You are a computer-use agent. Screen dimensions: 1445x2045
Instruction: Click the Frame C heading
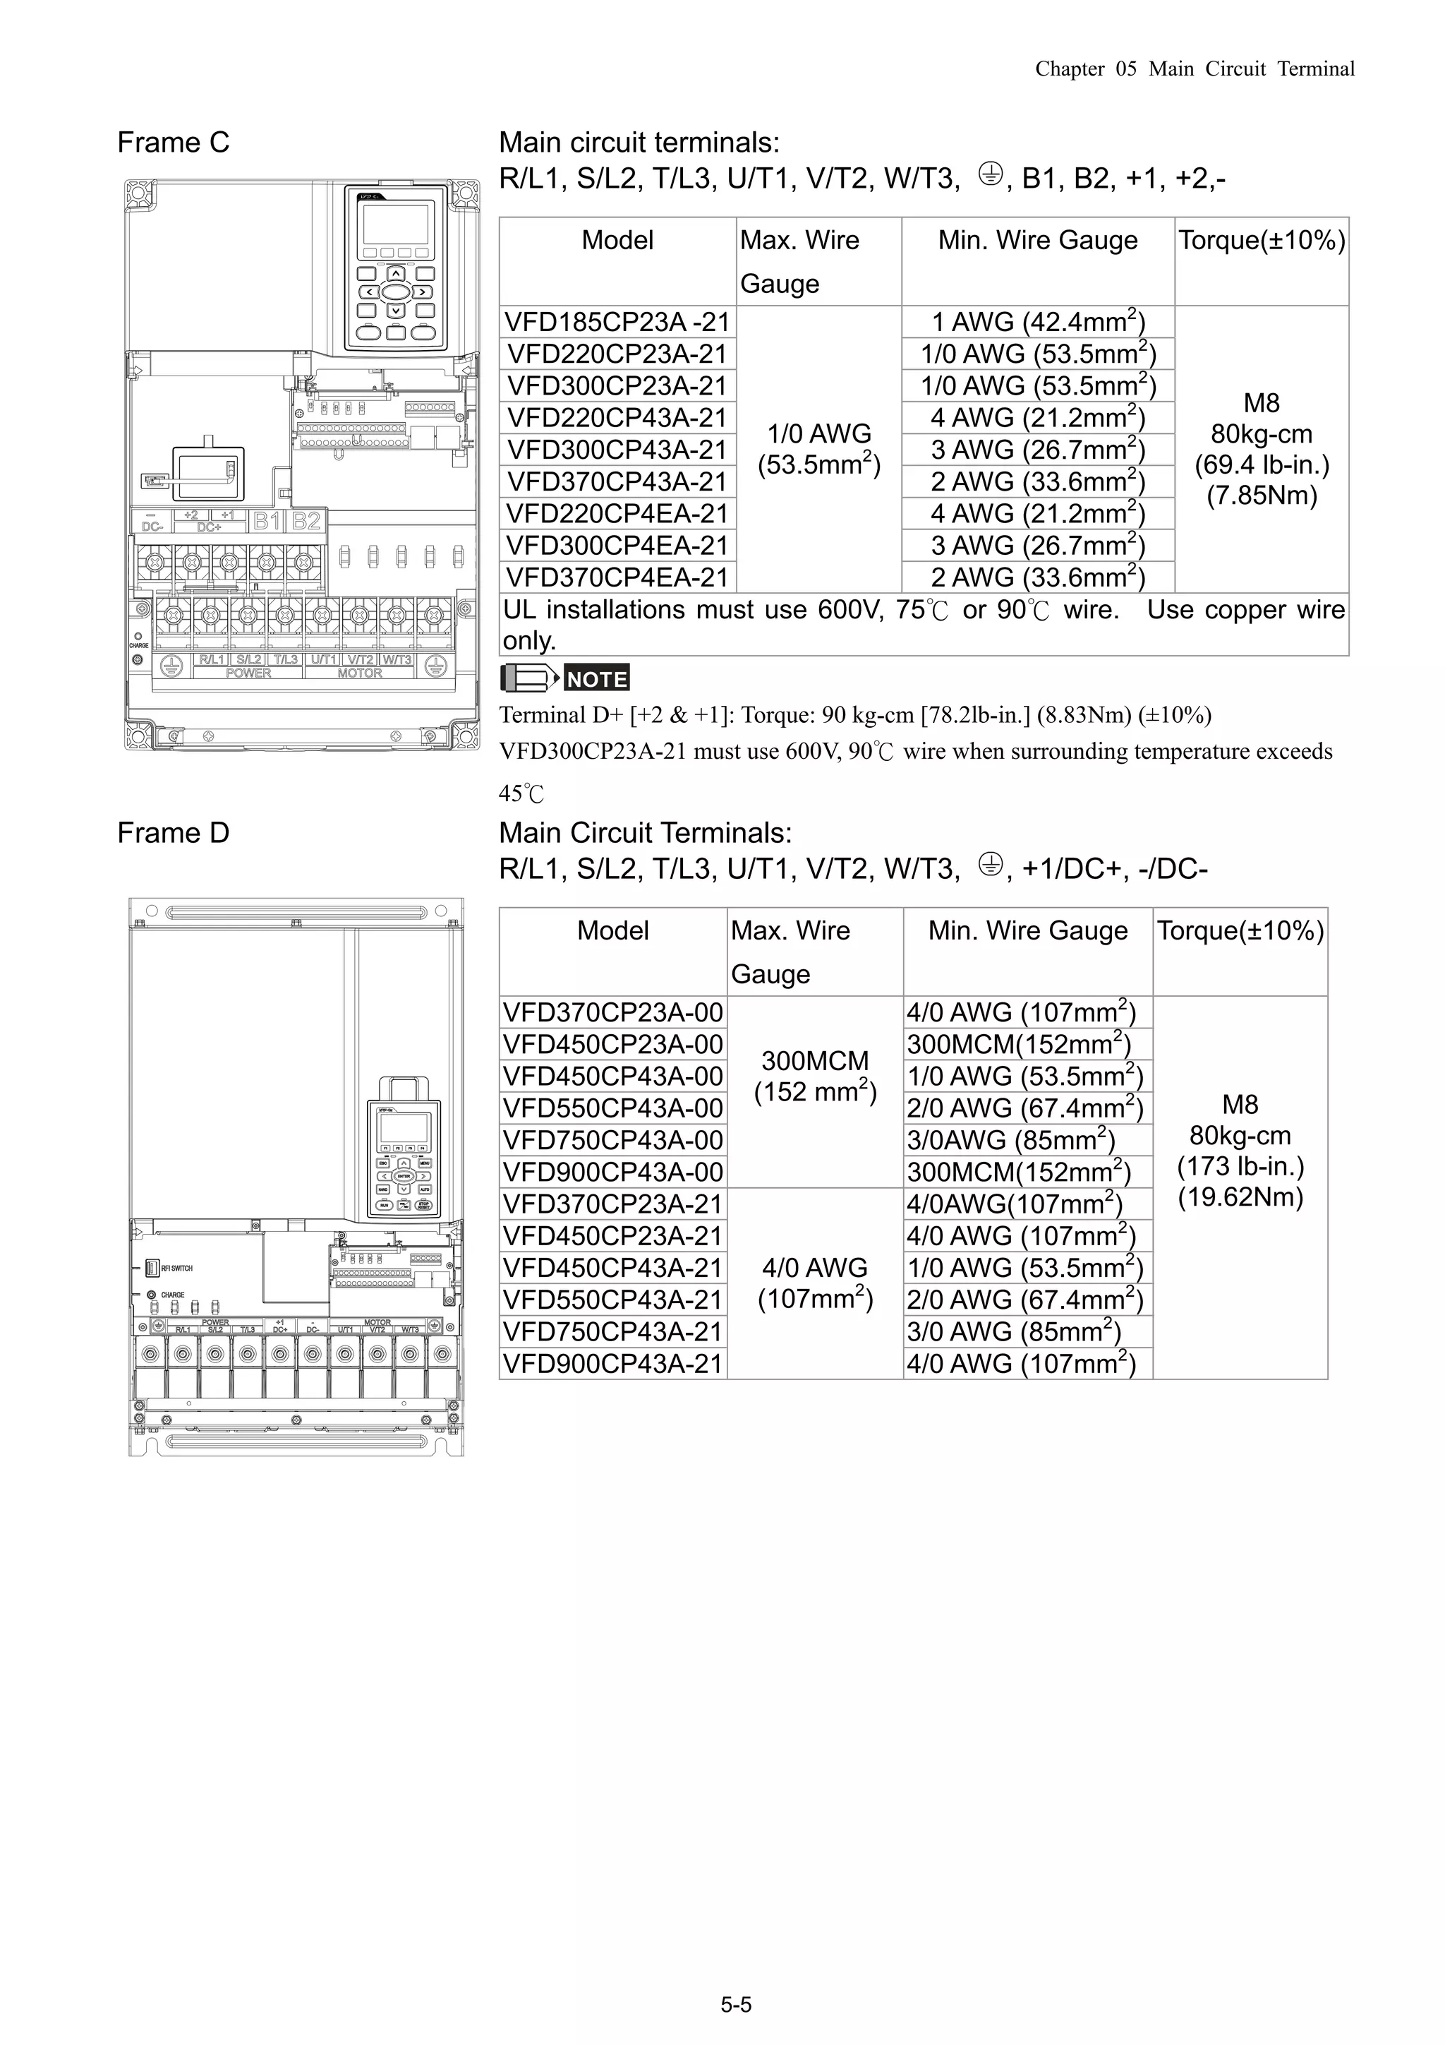point(174,143)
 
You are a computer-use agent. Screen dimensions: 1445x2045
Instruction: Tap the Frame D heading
point(174,833)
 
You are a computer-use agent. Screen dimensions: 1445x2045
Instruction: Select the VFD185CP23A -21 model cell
point(617,321)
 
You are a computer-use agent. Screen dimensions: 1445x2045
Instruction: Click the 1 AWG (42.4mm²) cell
point(1038,321)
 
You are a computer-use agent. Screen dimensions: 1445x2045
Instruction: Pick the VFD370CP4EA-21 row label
point(617,577)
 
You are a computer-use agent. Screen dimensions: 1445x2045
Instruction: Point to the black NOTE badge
point(596,678)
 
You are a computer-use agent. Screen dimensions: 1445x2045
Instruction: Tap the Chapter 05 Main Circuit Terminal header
point(1194,69)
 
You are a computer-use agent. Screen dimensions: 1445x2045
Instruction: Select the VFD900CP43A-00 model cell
point(612,1172)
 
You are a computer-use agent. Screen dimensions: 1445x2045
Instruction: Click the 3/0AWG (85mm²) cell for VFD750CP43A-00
point(1010,1140)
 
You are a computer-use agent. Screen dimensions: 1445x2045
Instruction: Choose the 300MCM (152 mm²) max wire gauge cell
point(815,1076)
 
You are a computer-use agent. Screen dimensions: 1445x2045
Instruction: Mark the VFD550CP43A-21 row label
point(612,1300)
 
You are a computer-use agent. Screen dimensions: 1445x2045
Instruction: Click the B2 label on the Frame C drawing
point(306,521)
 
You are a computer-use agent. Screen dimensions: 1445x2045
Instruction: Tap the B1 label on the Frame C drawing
point(267,521)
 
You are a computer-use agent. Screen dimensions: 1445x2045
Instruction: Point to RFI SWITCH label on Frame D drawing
point(176,1269)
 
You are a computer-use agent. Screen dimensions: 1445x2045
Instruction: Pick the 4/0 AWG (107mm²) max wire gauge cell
point(815,1283)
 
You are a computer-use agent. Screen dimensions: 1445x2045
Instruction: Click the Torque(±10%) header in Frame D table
point(1240,931)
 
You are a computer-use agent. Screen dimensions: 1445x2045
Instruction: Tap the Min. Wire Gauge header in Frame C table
point(1038,241)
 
